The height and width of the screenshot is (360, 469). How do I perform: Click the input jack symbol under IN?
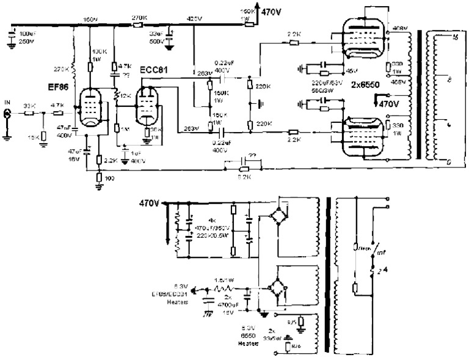coord(8,113)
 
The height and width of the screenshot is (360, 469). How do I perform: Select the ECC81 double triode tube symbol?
coord(147,106)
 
